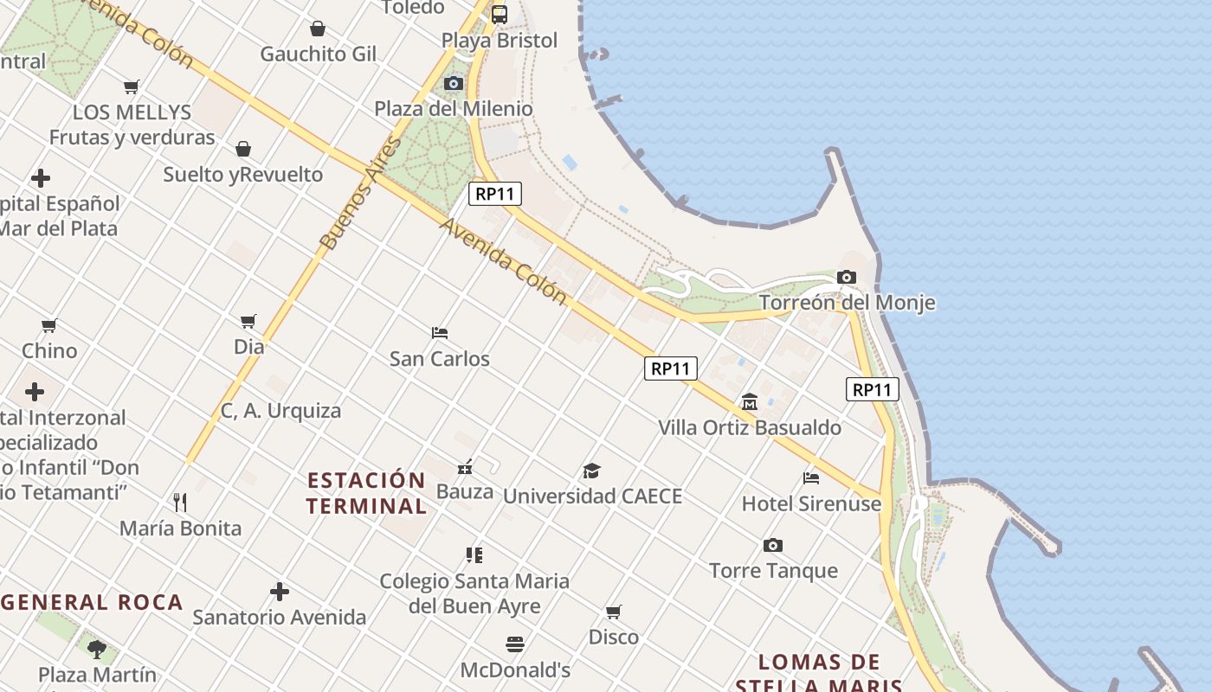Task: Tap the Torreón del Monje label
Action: [x=847, y=303]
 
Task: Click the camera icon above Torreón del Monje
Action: [x=847, y=278]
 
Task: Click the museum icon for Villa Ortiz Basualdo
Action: [x=750, y=402]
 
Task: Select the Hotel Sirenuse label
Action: [x=811, y=503]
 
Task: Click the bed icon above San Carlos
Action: [x=440, y=333]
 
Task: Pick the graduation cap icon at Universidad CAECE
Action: [x=591, y=471]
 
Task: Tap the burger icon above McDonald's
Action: [x=515, y=644]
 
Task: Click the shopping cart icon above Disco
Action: [x=614, y=612]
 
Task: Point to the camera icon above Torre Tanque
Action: [x=773, y=545]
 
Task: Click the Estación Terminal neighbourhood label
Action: [x=366, y=493]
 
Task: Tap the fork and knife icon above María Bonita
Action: [x=180, y=503]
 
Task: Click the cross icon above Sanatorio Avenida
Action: [x=279, y=592]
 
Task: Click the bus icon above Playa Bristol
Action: [x=500, y=15]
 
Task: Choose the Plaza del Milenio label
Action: [x=454, y=109]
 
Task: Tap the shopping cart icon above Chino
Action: [x=49, y=326]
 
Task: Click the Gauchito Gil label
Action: [x=318, y=54]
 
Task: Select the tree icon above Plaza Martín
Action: [x=97, y=649]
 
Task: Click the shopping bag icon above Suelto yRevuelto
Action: [x=243, y=149]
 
